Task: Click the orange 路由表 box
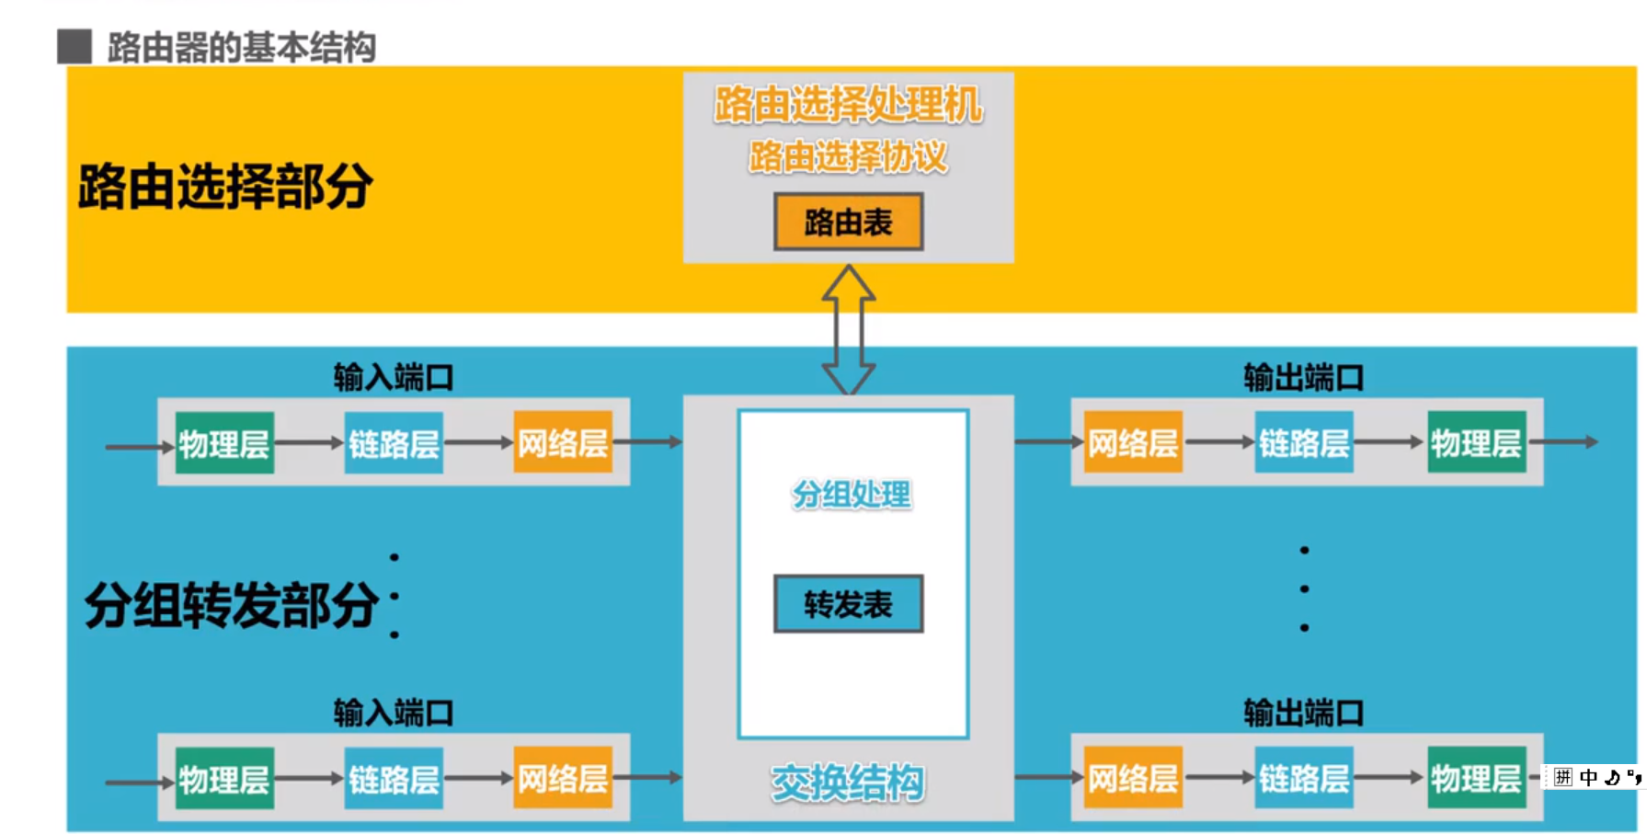[x=848, y=222]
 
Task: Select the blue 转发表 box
[x=848, y=604]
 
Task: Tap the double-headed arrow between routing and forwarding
[x=848, y=329]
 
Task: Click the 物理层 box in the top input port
[x=224, y=443]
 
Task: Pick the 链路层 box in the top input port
[x=394, y=443]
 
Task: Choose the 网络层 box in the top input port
[x=563, y=443]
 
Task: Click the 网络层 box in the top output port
[x=1133, y=443]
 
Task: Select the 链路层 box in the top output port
[x=1304, y=443]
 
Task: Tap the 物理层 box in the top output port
[x=1476, y=443]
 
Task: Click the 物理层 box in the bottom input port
[x=224, y=779]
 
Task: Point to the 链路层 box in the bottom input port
[x=394, y=779]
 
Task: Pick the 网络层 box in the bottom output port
[x=1133, y=779]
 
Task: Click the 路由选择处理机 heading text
[x=848, y=104]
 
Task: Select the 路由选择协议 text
[x=848, y=156]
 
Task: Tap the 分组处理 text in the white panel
[x=852, y=495]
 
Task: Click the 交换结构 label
[x=848, y=783]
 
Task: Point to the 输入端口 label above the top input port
[x=394, y=377]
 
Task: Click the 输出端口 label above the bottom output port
[x=1303, y=713]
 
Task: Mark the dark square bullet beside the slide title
[x=74, y=47]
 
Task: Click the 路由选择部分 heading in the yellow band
[x=225, y=187]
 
